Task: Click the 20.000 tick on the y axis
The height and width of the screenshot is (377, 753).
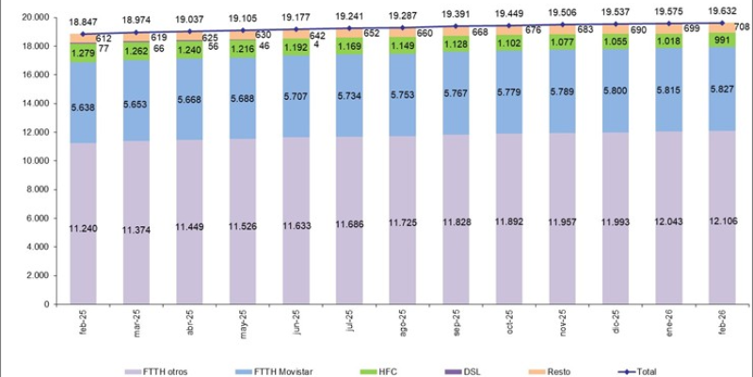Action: click(36, 18)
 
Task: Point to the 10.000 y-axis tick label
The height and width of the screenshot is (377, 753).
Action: click(36, 161)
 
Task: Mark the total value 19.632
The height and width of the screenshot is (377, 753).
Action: click(723, 11)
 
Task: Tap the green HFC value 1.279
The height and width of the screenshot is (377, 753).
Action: click(83, 54)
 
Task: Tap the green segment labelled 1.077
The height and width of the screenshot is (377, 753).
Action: click(562, 42)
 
